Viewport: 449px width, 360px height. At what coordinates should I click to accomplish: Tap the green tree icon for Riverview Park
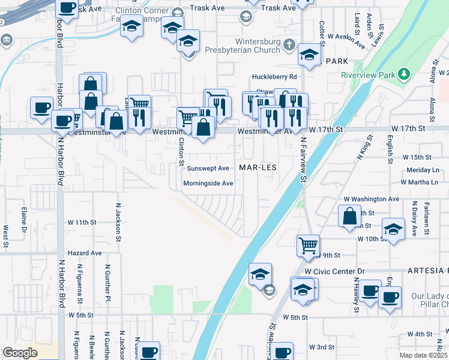coord(405,74)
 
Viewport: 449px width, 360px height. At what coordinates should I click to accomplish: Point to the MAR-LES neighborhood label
coord(258,167)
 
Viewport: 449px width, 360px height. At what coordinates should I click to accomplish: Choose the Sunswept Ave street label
coord(208,168)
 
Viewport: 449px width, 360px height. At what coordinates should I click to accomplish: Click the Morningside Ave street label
coord(208,184)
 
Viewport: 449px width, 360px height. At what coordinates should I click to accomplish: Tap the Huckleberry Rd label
coord(274,77)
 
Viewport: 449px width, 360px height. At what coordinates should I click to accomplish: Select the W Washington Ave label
coord(371,199)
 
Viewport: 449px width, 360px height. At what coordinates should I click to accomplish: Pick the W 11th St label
coord(82,223)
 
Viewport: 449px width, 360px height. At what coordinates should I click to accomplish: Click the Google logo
coord(20,353)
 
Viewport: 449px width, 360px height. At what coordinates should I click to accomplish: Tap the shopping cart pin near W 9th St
coord(308,244)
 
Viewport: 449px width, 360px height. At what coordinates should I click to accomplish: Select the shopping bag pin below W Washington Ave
coord(349,216)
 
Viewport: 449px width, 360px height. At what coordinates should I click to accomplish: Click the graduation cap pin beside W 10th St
coord(393,230)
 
